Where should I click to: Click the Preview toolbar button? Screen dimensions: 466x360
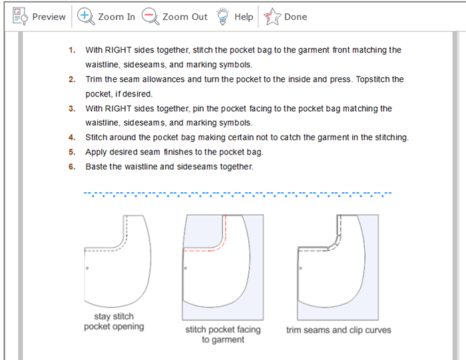[x=39, y=17]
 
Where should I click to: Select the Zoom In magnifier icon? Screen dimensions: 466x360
[x=86, y=17]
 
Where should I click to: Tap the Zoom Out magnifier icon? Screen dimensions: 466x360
[x=150, y=17]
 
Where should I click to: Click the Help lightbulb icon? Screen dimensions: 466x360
[x=222, y=17]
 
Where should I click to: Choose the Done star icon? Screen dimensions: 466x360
[x=272, y=17]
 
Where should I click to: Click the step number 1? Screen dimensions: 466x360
[x=72, y=50]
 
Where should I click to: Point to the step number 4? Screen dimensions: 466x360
[x=72, y=138]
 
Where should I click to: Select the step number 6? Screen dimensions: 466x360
[x=72, y=166]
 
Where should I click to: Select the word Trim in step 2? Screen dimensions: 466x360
[x=94, y=79]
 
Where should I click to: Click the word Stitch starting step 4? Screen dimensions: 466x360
[x=97, y=137]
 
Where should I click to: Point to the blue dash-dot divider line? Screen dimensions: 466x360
[x=238, y=194]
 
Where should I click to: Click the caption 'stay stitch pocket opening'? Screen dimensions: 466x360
[x=114, y=321]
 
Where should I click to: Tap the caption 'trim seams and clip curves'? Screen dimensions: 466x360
[x=338, y=330]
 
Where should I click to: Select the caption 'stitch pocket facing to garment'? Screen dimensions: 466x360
[x=223, y=335]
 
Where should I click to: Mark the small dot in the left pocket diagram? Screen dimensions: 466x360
[x=87, y=268]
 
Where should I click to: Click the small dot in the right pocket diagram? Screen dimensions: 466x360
[x=300, y=268]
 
